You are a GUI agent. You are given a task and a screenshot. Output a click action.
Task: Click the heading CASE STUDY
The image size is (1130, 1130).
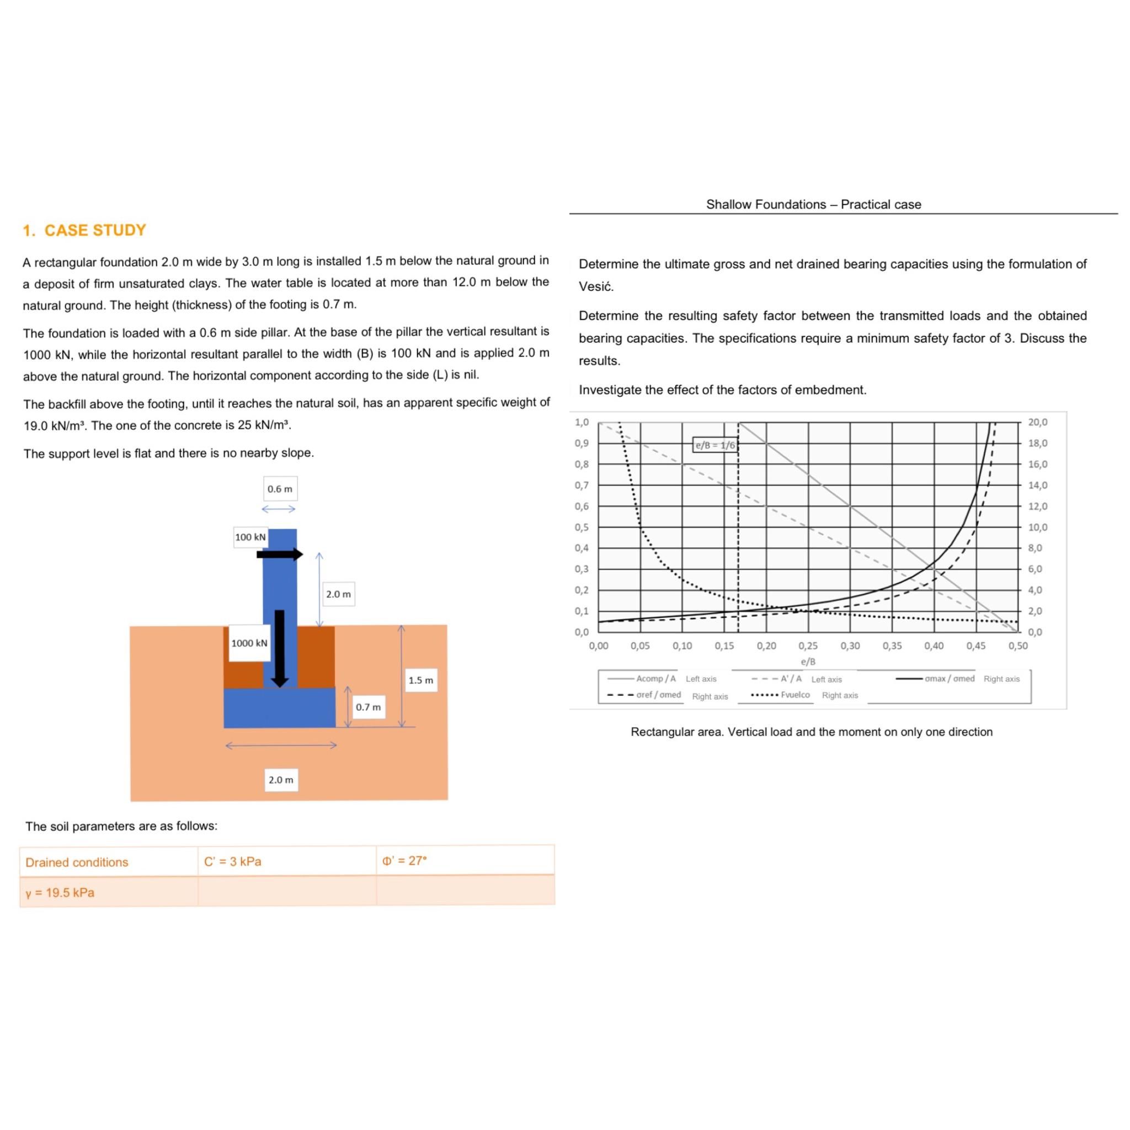click(x=95, y=230)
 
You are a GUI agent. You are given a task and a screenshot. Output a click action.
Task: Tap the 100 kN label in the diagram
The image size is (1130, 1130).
click(x=250, y=537)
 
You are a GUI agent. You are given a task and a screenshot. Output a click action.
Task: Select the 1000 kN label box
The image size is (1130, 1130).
click(x=249, y=643)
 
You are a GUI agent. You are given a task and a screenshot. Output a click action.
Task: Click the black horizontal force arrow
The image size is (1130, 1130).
click(x=280, y=555)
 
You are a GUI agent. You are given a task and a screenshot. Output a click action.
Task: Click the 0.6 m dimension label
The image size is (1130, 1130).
click(x=280, y=489)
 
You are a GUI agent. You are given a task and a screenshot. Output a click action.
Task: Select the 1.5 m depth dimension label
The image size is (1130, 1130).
click(x=420, y=680)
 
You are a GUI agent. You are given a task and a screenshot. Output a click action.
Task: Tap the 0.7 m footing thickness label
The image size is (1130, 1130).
click(x=368, y=707)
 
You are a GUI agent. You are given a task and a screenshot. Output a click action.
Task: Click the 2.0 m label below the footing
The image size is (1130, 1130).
click(x=281, y=780)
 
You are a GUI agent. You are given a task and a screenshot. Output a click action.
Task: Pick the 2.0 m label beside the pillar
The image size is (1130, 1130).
click(x=338, y=594)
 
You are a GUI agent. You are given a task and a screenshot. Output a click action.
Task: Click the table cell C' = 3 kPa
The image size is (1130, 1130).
click(x=233, y=861)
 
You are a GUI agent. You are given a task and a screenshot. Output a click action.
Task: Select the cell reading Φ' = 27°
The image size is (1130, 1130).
click(x=405, y=861)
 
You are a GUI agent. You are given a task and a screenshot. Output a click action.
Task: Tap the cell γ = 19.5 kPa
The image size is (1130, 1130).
click(x=60, y=893)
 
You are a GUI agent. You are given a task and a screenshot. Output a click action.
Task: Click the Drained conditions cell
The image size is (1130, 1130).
click(x=77, y=862)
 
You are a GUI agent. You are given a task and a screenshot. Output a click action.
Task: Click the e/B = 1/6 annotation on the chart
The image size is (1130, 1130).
click(x=715, y=445)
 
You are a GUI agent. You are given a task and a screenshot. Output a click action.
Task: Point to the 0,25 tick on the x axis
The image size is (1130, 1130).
click(x=808, y=646)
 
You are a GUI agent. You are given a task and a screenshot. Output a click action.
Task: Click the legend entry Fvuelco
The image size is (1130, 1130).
click(x=795, y=695)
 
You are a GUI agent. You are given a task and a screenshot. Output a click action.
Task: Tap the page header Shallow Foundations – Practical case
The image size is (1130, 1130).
click(x=813, y=204)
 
